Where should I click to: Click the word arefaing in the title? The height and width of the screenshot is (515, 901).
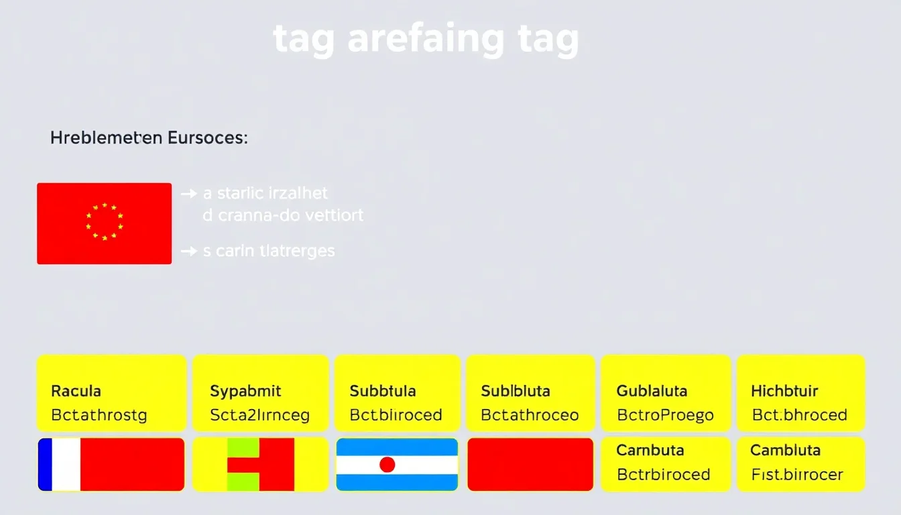[x=426, y=40]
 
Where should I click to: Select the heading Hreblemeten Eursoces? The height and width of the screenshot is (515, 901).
[x=149, y=139]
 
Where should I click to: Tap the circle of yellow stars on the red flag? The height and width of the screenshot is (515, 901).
[x=105, y=221]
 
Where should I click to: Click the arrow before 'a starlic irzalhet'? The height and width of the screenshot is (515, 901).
[x=189, y=194]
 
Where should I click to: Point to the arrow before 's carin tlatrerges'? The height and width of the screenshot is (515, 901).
[x=189, y=251]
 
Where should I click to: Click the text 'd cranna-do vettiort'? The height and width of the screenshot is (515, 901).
[x=283, y=215]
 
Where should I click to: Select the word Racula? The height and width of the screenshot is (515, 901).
[x=76, y=391]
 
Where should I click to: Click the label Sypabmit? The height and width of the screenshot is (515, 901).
[x=245, y=391]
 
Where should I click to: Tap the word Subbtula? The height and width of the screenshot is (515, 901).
[x=383, y=391]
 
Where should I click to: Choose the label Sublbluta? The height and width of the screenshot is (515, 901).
[x=516, y=391]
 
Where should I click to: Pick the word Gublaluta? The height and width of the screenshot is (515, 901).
[x=652, y=391]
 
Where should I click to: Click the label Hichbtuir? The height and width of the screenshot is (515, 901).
[x=784, y=391]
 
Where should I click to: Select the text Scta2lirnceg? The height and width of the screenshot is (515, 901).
[x=260, y=415]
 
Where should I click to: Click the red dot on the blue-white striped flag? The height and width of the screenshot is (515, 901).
[x=387, y=465]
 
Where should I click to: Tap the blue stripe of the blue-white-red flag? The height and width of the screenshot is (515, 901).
[x=45, y=465]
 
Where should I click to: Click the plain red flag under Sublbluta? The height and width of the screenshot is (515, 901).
[x=530, y=465]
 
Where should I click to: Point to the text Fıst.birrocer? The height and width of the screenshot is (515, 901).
[x=798, y=475]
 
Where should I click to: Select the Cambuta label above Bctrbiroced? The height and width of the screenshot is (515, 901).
[x=650, y=450]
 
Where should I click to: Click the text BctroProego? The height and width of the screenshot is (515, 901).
[x=665, y=415]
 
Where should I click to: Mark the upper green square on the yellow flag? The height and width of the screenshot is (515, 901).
[x=243, y=447]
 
